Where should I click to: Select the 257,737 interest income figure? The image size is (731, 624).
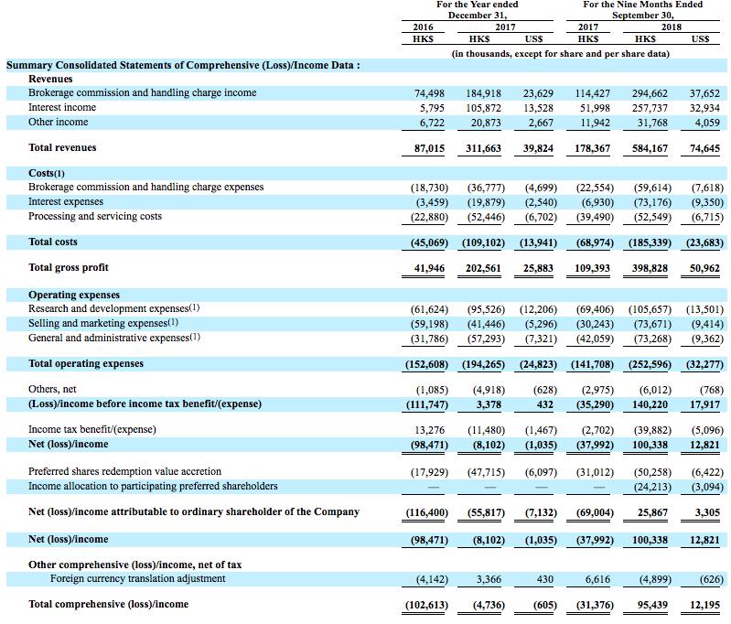tap(650, 107)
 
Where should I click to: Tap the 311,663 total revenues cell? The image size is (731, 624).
tap(487, 147)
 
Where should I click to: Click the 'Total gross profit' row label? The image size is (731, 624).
tap(69, 267)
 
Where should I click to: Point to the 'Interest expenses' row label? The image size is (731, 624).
tap(66, 201)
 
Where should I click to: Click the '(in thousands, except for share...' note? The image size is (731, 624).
tap(561, 54)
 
